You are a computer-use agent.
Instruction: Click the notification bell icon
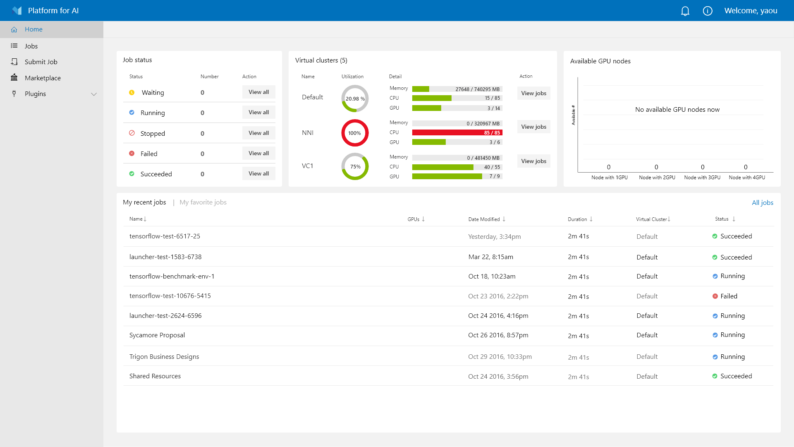coord(685,11)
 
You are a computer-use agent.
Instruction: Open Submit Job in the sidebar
coord(41,62)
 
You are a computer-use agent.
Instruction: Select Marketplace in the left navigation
coord(43,78)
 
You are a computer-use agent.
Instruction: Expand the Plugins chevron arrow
coord(94,94)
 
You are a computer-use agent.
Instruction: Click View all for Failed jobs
coord(258,153)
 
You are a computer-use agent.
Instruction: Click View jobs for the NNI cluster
coord(533,127)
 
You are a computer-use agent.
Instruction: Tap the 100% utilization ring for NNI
coord(355,133)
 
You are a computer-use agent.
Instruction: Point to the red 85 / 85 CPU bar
coord(457,132)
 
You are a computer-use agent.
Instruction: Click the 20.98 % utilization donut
coord(355,99)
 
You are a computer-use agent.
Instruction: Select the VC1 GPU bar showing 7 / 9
coord(457,176)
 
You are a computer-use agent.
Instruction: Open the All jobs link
coord(762,202)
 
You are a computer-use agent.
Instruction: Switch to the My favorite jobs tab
coord(203,202)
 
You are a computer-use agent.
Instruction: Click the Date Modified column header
coord(484,219)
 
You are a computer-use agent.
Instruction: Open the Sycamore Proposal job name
coord(157,335)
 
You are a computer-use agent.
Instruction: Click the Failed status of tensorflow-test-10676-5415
coord(728,296)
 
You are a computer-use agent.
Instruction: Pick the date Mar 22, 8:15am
coord(490,257)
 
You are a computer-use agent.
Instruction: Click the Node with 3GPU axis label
coord(702,178)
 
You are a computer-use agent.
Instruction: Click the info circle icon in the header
coord(708,11)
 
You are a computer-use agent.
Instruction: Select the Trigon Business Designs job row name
coord(164,357)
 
